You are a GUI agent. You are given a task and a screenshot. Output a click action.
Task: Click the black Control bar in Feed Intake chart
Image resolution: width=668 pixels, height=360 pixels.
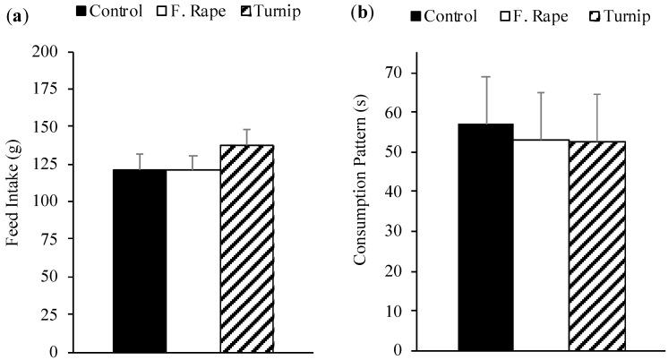(x=139, y=260)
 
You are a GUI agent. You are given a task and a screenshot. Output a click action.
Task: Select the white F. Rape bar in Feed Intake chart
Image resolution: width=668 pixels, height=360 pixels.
(x=193, y=260)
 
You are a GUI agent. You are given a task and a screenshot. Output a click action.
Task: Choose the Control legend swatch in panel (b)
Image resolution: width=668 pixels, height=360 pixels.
(x=417, y=16)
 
